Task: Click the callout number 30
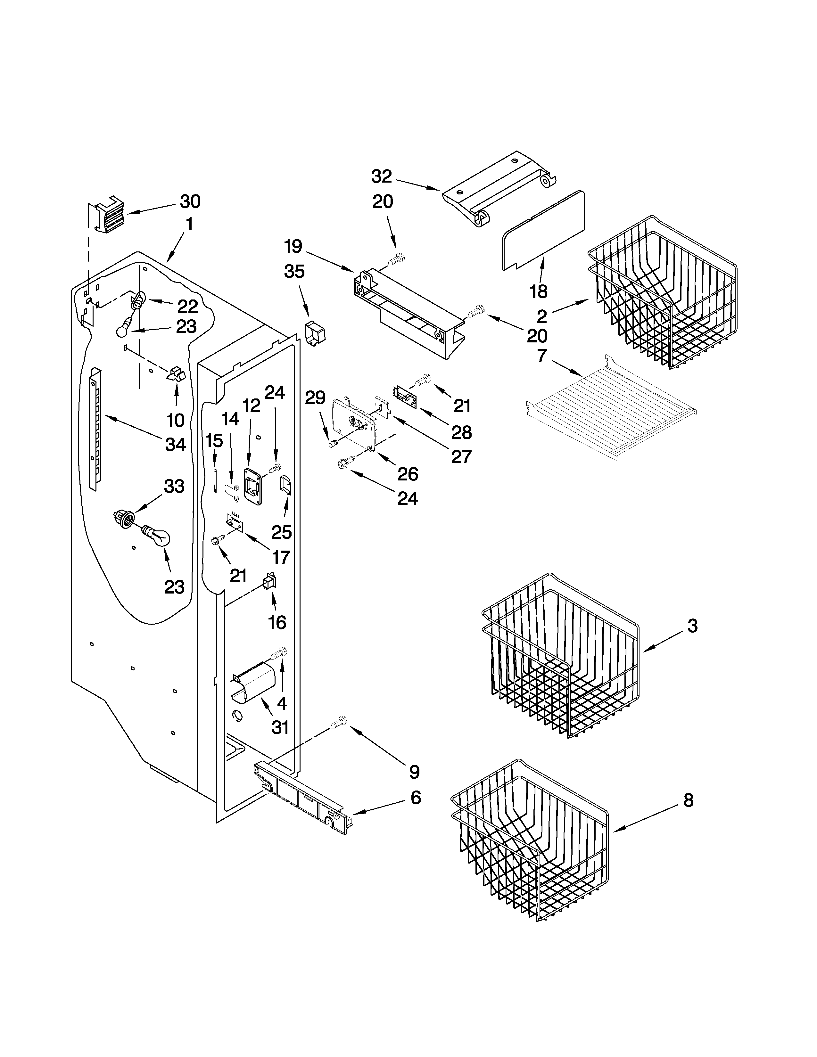coord(190,201)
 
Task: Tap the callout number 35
coord(294,272)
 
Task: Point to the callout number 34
coord(175,444)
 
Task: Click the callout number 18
coord(538,291)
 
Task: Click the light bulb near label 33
coord(156,536)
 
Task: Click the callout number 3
coord(693,626)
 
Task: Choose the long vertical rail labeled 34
coord(95,429)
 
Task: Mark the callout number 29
coord(315,398)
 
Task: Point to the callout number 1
coord(190,225)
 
